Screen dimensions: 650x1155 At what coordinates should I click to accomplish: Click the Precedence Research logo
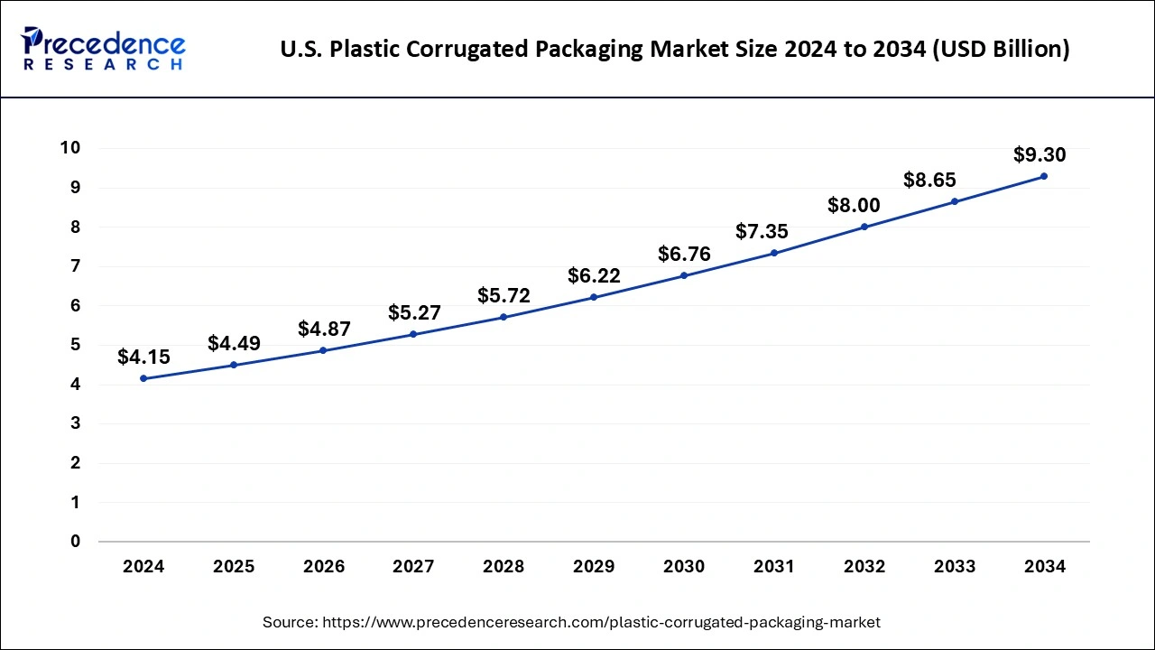point(104,49)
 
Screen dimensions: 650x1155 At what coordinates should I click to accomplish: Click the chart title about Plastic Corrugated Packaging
point(675,49)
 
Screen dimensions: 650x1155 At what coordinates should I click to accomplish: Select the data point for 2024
point(143,378)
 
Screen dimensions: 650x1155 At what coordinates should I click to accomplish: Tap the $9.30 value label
point(1039,155)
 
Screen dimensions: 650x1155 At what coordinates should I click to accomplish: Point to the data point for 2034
point(1044,176)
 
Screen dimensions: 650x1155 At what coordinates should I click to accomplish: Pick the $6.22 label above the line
point(594,276)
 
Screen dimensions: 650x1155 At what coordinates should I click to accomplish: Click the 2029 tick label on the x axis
point(594,567)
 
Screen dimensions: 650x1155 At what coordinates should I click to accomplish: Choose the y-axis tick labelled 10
point(70,148)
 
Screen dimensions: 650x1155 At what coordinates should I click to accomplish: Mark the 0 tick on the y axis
point(76,542)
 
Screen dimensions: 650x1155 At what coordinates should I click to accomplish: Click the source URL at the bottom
point(571,622)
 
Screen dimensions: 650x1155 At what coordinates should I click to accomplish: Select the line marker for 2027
point(413,334)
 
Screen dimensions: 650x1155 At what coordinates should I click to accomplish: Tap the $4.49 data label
point(234,344)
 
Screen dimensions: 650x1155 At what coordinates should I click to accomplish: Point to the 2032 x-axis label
point(864,567)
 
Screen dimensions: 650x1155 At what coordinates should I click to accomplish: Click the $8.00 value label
point(854,206)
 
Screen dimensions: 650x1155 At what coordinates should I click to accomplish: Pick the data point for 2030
point(684,275)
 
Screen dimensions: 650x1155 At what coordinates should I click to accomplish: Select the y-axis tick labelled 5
point(76,345)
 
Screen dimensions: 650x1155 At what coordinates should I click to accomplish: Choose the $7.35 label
point(762,232)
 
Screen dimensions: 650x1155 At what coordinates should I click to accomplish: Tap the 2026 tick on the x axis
point(324,567)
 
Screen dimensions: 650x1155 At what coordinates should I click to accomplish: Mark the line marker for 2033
point(955,201)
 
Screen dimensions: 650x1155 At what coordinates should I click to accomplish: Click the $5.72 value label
point(504,296)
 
